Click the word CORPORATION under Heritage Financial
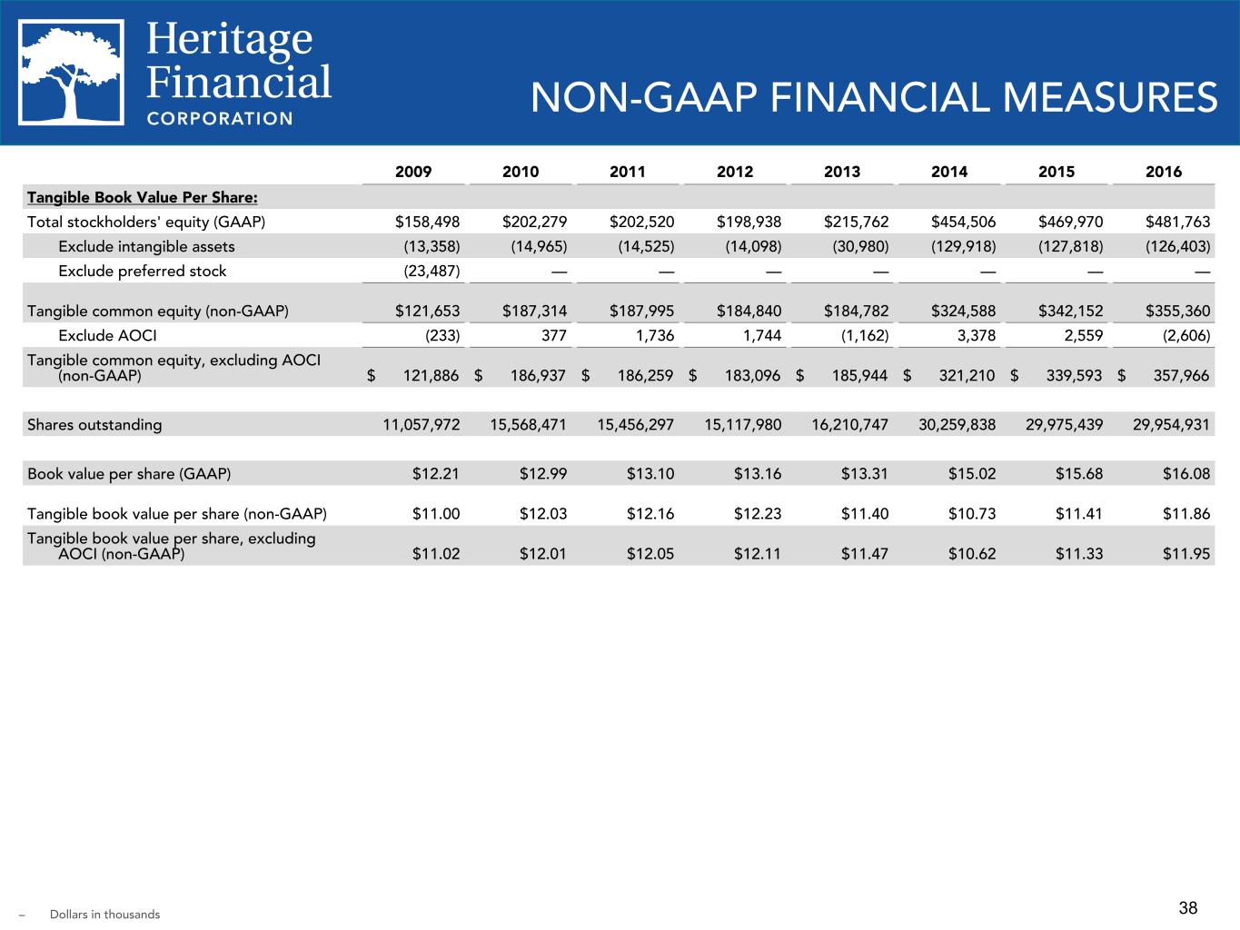[x=220, y=118]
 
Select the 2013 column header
[x=841, y=172]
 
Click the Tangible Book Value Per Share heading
[x=142, y=197]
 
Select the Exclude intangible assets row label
[x=146, y=246]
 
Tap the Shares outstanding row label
[x=94, y=424]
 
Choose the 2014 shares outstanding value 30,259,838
[x=957, y=424]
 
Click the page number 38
[x=1187, y=908]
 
